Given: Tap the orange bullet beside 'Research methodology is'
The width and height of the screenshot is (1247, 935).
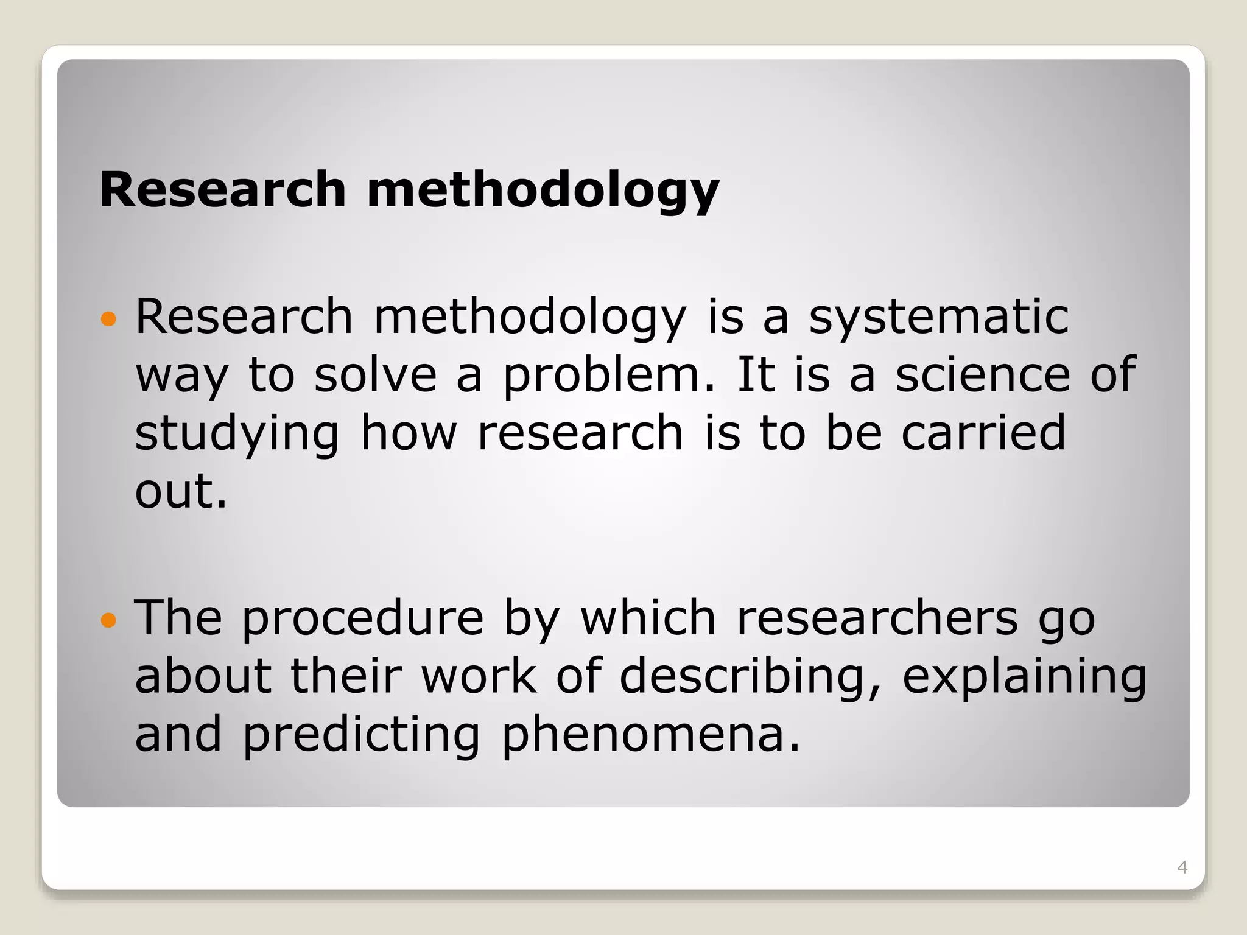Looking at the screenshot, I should (x=108, y=318).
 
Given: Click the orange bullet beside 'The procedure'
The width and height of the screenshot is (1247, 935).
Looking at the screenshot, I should (x=108, y=620).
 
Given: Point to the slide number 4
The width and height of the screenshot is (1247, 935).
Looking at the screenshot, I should (x=1182, y=867).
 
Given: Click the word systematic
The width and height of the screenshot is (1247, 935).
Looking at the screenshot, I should (x=938, y=318).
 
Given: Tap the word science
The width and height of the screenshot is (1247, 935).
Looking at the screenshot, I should (x=982, y=374).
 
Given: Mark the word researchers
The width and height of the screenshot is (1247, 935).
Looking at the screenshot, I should (x=877, y=618).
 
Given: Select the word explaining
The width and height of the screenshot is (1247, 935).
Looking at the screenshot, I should (x=1024, y=677).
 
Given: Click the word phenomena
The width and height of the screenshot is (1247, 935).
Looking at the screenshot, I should (x=649, y=735).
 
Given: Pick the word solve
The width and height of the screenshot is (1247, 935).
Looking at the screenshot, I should (x=375, y=374).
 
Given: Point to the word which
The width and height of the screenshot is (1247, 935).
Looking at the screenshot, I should (x=648, y=618).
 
